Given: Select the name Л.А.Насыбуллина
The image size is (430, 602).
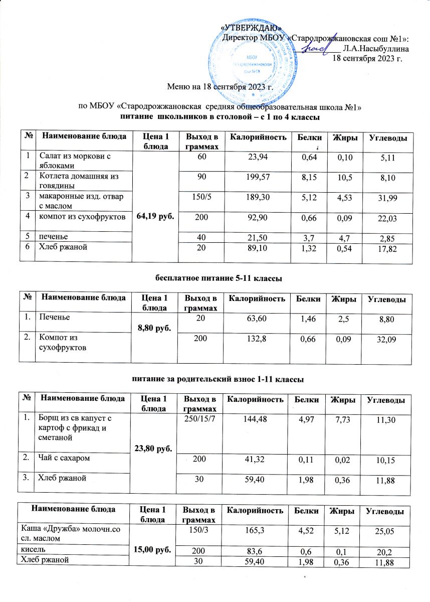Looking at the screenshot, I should click(x=375, y=49).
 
